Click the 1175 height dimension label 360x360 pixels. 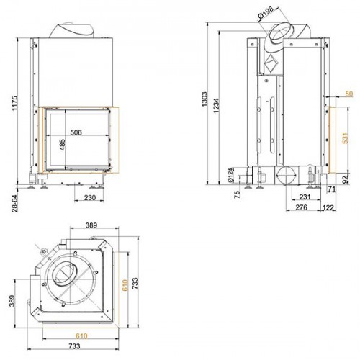(x=15, y=103)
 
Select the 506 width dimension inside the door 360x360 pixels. (x=76, y=132)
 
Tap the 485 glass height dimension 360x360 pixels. (x=62, y=145)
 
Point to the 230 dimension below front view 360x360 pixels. (x=90, y=198)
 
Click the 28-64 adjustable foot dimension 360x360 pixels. (x=15, y=204)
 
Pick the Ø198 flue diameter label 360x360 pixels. (x=266, y=13)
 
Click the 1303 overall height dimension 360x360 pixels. (x=204, y=99)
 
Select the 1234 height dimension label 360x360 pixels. (x=216, y=106)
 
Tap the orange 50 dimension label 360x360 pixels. (x=349, y=94)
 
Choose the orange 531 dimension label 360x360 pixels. (x=345, y=138)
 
